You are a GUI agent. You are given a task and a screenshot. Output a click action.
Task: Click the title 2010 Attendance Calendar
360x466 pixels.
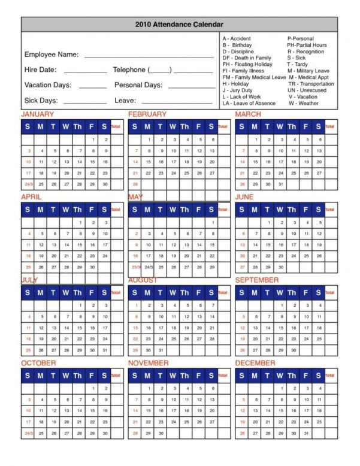(180, 24)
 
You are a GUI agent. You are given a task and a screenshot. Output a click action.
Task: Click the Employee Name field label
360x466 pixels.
(52, 55)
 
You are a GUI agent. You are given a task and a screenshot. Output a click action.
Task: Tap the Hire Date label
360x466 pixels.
(40, 69)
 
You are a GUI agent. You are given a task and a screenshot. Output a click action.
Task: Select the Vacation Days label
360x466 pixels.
(49, 85)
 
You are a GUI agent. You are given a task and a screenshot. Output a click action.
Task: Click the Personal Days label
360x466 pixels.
(138, 85)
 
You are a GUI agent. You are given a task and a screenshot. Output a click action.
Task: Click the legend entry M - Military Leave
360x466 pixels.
(308, 71)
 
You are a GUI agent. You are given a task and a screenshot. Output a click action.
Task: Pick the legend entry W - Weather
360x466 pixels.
(303, 104)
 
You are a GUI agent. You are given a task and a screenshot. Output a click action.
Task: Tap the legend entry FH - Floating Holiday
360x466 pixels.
(247, 64)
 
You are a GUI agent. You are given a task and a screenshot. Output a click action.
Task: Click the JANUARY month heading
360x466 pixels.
(38, 114)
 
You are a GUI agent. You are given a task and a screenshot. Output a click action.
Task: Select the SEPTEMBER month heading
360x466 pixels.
(257, 280)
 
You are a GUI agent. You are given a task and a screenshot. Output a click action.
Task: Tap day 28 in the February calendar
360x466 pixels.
(135, 184)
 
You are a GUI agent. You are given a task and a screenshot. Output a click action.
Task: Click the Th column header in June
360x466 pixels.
(292, 210)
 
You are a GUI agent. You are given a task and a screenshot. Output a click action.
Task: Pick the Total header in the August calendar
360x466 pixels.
(223, 293)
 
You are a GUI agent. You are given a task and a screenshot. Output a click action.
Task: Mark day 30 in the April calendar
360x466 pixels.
(92, 267)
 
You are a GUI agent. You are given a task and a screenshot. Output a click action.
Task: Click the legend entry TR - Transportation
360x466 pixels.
(311, 84)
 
